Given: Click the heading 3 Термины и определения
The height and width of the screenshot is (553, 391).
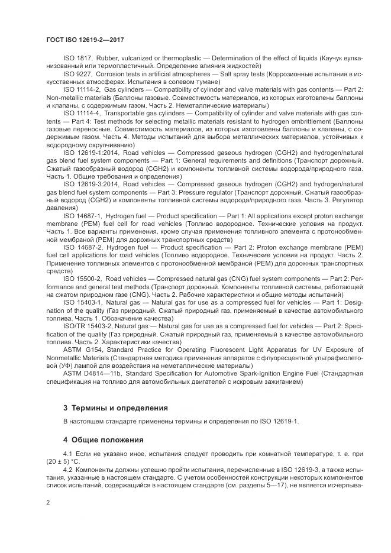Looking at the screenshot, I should [x=115, y=408].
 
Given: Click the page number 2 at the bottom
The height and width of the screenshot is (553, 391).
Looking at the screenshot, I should [x=48, y=502].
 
